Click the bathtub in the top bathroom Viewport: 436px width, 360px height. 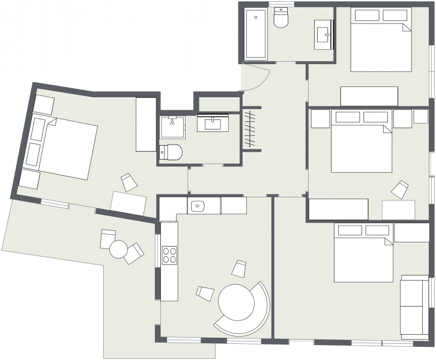click(x=255, y=35)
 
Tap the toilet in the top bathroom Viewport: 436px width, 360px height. click(x=281, y=19)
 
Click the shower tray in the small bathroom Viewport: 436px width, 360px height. click(x=172, y=127)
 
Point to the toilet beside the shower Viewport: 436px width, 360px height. click(x=171, y=151)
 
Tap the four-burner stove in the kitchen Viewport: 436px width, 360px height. click(x=169, y=256)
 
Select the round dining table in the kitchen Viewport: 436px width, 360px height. click(x=237, y=302)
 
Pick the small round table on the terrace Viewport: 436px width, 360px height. click(x=119, y=248)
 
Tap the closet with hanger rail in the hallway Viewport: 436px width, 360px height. click(x=252, y=128)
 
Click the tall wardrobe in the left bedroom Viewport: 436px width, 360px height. click(x=146, y=125)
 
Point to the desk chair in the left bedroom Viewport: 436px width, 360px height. click(x=130, y=182)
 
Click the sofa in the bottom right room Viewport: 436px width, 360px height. click(x=414, y=306)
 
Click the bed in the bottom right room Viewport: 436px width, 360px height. click(x=363, y=252)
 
